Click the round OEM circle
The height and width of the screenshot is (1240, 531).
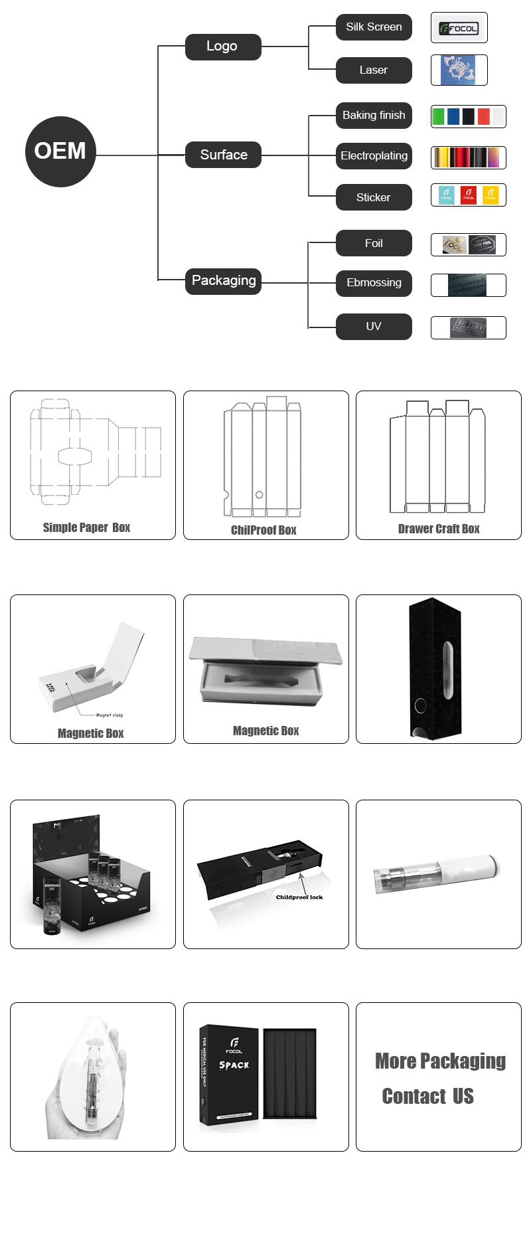[60, 151]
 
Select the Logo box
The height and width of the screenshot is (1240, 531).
[223, 46]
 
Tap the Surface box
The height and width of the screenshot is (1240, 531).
[223, 155]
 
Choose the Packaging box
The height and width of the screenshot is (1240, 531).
[223, 281]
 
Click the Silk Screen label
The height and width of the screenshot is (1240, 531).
[374, 27]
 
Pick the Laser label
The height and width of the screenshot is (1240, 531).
[374, 70]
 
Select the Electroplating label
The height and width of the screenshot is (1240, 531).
[374, 156]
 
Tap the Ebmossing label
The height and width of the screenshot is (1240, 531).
[374, 283]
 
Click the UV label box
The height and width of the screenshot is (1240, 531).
[374, 327]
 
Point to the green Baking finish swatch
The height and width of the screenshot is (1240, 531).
[438, 117]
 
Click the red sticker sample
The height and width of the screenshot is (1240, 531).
[469, 195]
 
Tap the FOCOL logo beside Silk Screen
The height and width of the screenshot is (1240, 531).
[459, 29]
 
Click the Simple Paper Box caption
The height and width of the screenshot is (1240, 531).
[86, 527]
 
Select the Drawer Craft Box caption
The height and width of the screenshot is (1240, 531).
[439, 529]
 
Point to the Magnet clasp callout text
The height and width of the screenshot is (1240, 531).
[109, 715]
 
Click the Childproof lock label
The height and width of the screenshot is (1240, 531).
[299, 897]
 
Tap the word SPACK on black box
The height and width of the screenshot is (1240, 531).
[234, 1065]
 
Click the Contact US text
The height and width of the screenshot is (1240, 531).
[427, 1096]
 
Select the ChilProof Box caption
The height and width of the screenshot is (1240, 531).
[264, 530]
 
